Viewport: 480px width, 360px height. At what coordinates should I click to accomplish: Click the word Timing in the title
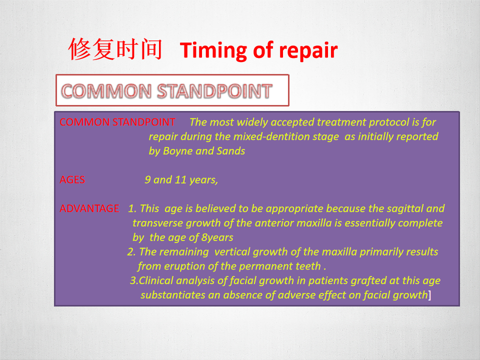pyautogui.click(x=213, y=50)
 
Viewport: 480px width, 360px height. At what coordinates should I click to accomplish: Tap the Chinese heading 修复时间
pyautogui.click(x=115, y=49)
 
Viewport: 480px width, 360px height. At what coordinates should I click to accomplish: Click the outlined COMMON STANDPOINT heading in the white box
pyautogui.click(x=167, y=91)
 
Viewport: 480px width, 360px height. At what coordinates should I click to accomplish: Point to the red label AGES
pyautogui.click(x=72, y=179)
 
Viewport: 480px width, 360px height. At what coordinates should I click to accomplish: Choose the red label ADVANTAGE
pyautogui.click(x=89, y=208)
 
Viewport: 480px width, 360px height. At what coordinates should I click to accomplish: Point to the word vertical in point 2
pyautogui.click(x=232, y=252)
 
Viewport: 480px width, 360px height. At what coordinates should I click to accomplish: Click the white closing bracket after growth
pyautogui.click(x=429, y=295)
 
